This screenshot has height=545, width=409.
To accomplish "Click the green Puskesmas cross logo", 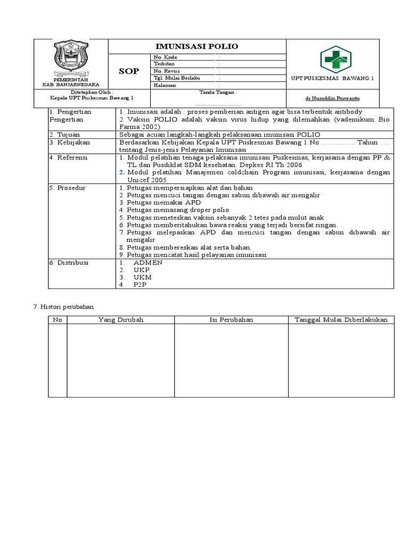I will pyautogui.click(x=335, y=59).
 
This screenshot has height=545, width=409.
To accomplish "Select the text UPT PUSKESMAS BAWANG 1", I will pyautogui.click(x=332, y=78).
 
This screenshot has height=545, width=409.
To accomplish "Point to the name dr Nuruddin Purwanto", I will pyautogui.click(x=332, y=98).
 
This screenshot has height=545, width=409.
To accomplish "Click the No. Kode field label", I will pyautogui.click(x=166, y=57).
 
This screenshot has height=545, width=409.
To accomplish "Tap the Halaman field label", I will pyautogui.click(x=165, y=85).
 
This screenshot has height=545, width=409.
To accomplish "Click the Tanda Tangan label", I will pyautogui.click(x=218, y=92).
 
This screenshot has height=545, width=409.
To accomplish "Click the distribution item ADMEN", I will pyautogui.click(x=148, y=263).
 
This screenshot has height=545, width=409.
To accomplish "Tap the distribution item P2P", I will pyautogui.click(x=140, y=285).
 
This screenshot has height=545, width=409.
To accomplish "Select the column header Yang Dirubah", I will pyautogui.click(x=121, y=320).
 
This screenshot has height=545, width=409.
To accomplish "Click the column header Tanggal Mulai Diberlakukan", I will pyautogui.click(x=341, y=320).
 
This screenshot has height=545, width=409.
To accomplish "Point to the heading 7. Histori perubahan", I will pyautogui.click(x=63, y=307).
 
